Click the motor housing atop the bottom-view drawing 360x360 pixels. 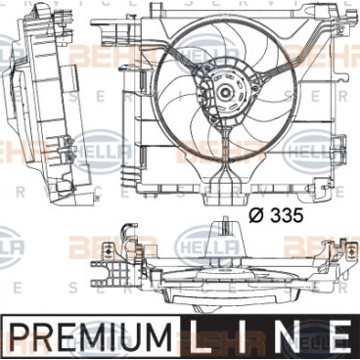[225, 245]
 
